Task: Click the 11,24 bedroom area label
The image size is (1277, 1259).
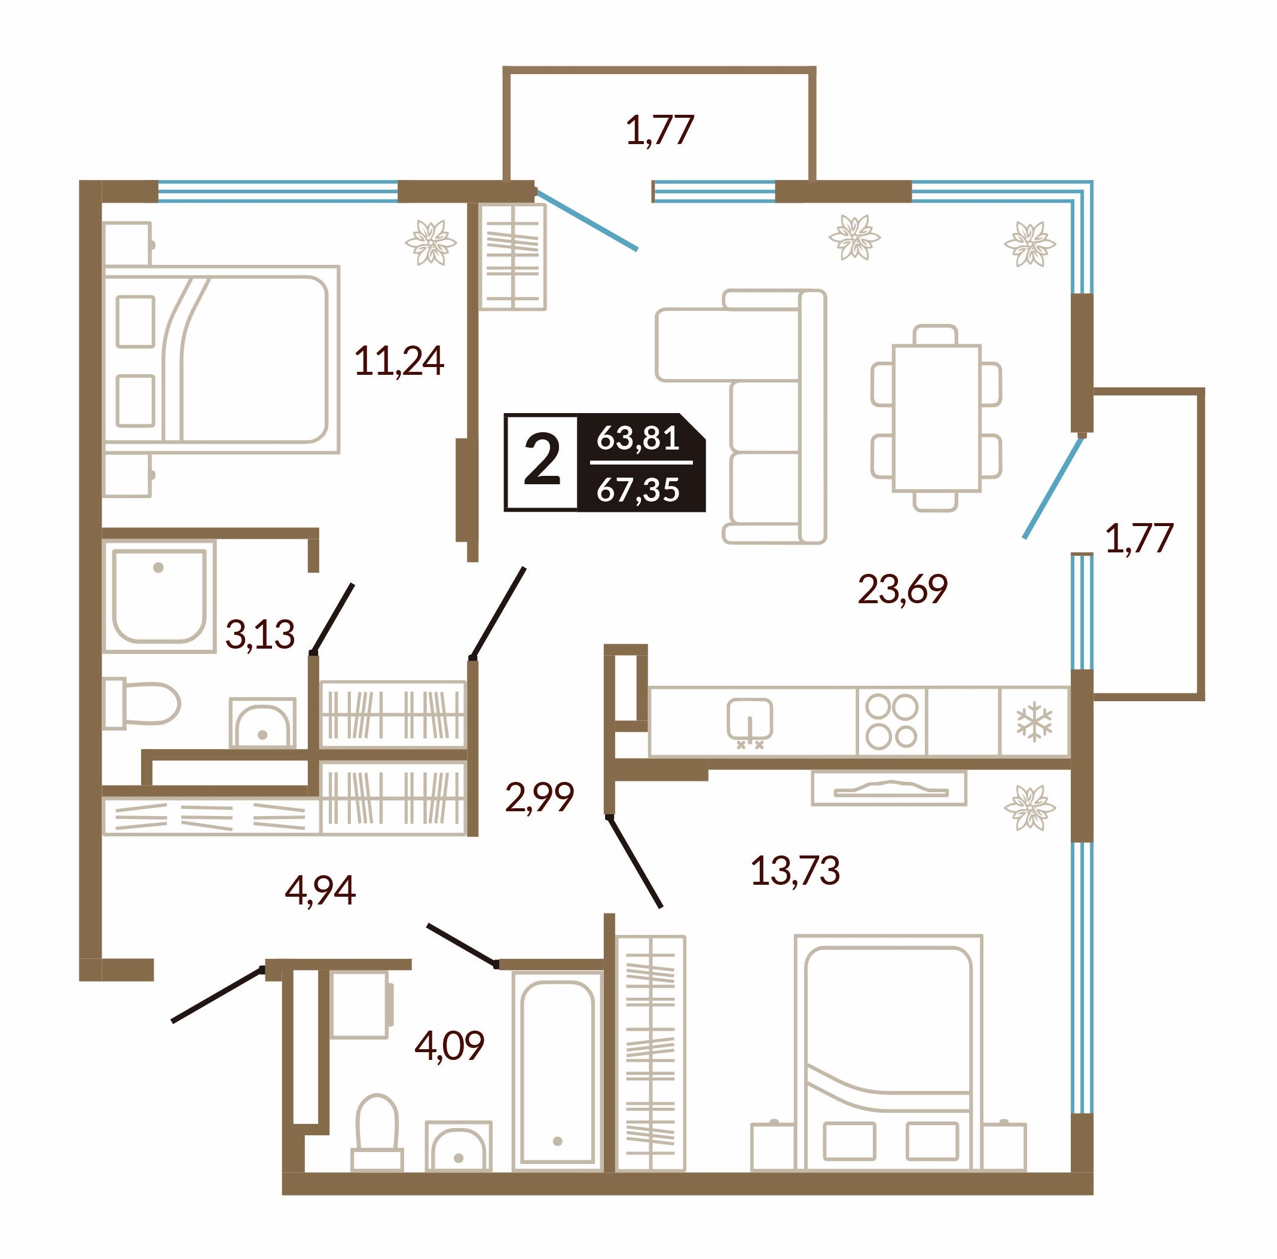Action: coord(399,362)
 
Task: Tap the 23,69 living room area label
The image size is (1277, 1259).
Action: coord(902,589)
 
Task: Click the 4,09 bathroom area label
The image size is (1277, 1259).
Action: coord(450,1046)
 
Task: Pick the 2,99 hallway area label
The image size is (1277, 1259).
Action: coord(539,796)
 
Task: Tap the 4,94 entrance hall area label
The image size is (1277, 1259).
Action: coord(320,890)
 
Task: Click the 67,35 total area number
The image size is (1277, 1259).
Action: coord(638,490)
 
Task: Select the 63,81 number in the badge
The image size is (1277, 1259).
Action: coord(638,438)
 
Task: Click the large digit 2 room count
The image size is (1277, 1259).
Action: coord(542,462)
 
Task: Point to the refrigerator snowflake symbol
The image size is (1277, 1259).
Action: coord(1034,721)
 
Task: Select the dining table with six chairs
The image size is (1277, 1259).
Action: coord(936,418)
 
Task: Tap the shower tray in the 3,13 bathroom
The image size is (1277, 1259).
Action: coord(158,595)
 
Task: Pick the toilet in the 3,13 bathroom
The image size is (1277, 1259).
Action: coord(142,702)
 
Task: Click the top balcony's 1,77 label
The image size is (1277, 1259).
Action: coord(659,130)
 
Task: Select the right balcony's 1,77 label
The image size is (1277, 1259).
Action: coord(1139,538)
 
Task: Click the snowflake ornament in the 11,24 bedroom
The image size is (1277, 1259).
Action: coord(431,242)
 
